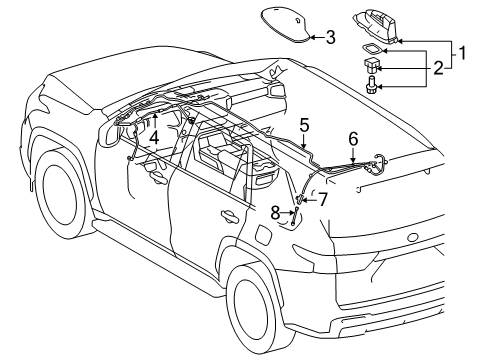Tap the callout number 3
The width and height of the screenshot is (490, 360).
click(x=330, y=38)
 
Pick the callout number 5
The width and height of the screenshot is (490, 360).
click(x=304, y=127)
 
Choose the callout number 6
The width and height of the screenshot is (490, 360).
click(x=352, y=138)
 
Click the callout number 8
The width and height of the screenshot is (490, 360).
click(x=276, y=211)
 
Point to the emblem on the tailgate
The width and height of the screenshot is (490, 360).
click(x=412, y=238)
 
